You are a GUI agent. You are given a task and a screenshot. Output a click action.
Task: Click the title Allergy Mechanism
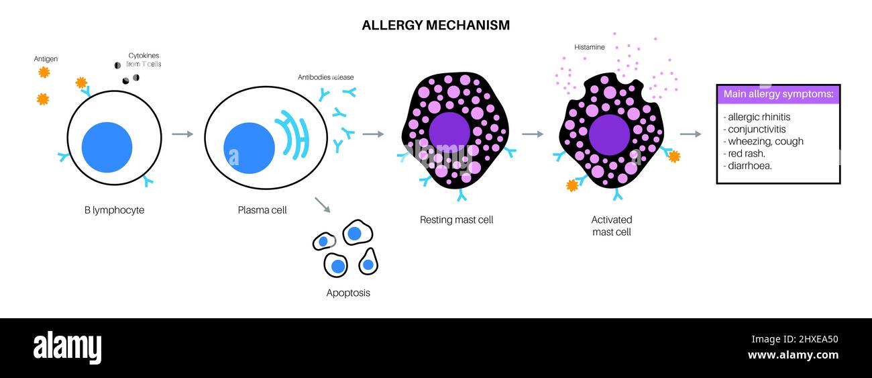[435, 26]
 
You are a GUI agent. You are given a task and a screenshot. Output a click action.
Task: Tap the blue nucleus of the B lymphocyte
[107, 148]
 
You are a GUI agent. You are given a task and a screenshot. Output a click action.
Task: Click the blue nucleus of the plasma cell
[249, 148]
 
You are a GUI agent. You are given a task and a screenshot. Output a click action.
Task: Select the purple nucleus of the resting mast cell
[449, 133]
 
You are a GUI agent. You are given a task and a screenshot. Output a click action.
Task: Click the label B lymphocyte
[114, 210]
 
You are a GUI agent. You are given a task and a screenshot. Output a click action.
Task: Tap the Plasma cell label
[262, 210]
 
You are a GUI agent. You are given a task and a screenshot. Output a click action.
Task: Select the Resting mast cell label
[456, 220]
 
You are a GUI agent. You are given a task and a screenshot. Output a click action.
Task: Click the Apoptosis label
[348, 293]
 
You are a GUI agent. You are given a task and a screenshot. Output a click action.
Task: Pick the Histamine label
[589, 48]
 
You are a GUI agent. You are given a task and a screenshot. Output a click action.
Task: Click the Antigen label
[46, 59]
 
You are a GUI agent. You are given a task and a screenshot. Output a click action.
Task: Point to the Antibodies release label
[325, 77]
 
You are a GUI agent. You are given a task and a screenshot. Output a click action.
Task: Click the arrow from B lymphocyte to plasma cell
[182, 134]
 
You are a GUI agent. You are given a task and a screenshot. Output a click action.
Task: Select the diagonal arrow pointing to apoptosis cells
[322, 205]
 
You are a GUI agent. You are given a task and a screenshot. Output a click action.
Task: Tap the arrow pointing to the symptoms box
[690, 134]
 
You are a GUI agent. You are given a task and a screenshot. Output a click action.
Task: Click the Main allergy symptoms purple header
[778, 94]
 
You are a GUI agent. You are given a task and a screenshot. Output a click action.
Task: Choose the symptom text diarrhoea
[749, 165]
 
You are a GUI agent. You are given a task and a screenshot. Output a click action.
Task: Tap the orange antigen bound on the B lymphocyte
[81, 83]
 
